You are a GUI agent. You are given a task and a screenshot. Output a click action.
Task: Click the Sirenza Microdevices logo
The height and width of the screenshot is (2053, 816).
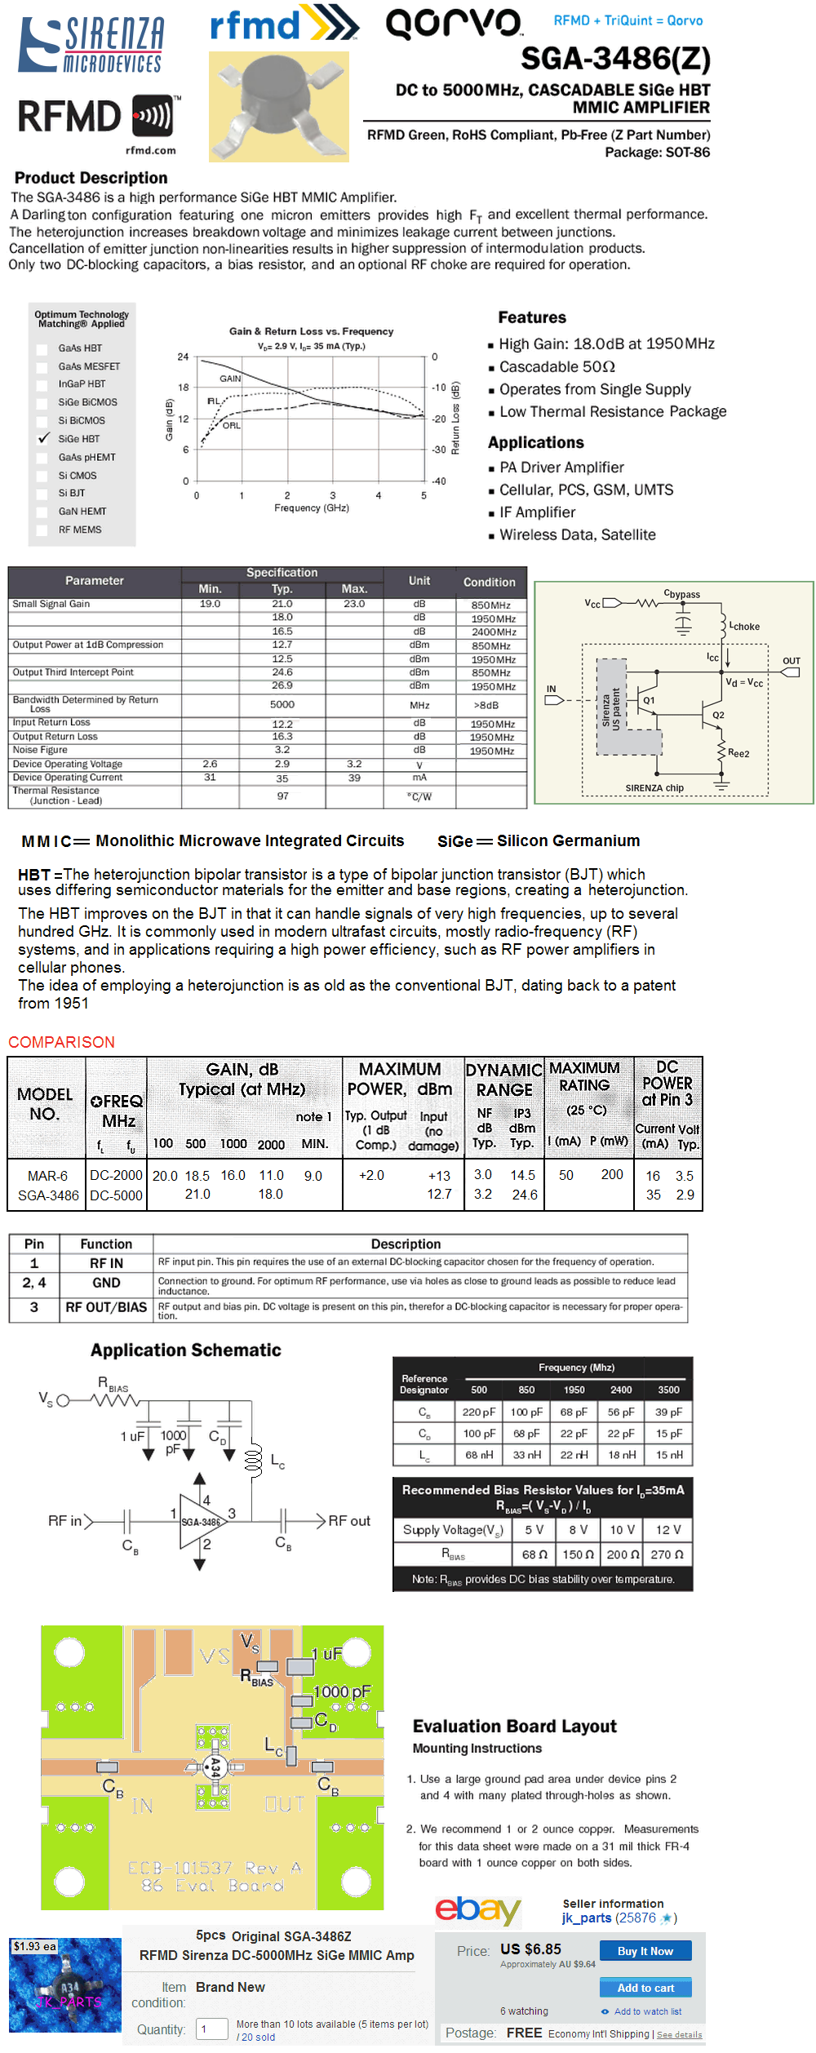click(91, 45)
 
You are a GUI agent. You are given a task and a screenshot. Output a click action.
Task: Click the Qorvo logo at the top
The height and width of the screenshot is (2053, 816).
click(454, 24)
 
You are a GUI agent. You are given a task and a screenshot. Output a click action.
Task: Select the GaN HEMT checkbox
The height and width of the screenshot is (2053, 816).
click(42, 512)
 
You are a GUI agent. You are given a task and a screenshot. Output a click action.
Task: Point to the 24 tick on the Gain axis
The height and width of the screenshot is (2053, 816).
click(183, 357)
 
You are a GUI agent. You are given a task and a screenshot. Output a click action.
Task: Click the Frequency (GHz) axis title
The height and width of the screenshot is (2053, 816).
click(312, 508)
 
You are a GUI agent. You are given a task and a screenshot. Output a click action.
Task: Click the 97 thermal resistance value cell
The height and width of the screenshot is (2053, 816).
click(282, 796)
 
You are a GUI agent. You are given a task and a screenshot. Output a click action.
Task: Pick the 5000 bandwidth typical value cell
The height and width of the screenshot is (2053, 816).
click(282, 704)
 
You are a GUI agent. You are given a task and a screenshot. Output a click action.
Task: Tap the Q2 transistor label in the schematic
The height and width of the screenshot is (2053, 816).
click(718, 715)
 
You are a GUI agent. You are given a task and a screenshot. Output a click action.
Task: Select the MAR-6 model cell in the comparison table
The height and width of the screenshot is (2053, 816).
click(47, 1176)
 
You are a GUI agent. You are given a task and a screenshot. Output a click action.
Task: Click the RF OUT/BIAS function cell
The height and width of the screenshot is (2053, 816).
click(106, 1307)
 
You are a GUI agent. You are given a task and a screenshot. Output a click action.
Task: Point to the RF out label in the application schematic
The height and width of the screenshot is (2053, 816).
click(349, 1521)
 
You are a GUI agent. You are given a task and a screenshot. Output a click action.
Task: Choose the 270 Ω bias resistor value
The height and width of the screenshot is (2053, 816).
click(667, 1554)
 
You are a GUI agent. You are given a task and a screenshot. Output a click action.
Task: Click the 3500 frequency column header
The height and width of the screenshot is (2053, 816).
click(668, 1390)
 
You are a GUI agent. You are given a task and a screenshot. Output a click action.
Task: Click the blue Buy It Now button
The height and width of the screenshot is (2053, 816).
click(645, 1951)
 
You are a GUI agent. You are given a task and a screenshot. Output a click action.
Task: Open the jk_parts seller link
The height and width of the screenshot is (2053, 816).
click(587, 1918)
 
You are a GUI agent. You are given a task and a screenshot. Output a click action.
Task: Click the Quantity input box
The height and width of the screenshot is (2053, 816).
click(211, 2029)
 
